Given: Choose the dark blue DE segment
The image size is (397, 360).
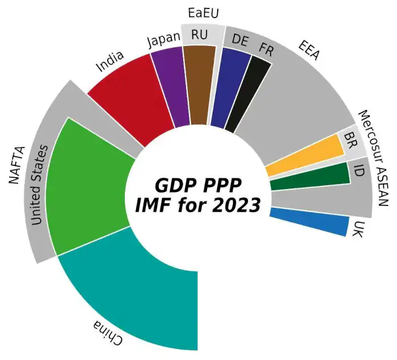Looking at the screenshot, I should tap(230, 85).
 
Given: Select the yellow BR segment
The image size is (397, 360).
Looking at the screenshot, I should tap(306, 156).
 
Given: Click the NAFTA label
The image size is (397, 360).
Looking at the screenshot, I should tap(17, 164).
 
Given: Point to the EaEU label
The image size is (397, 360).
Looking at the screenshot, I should tap(203, 12).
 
